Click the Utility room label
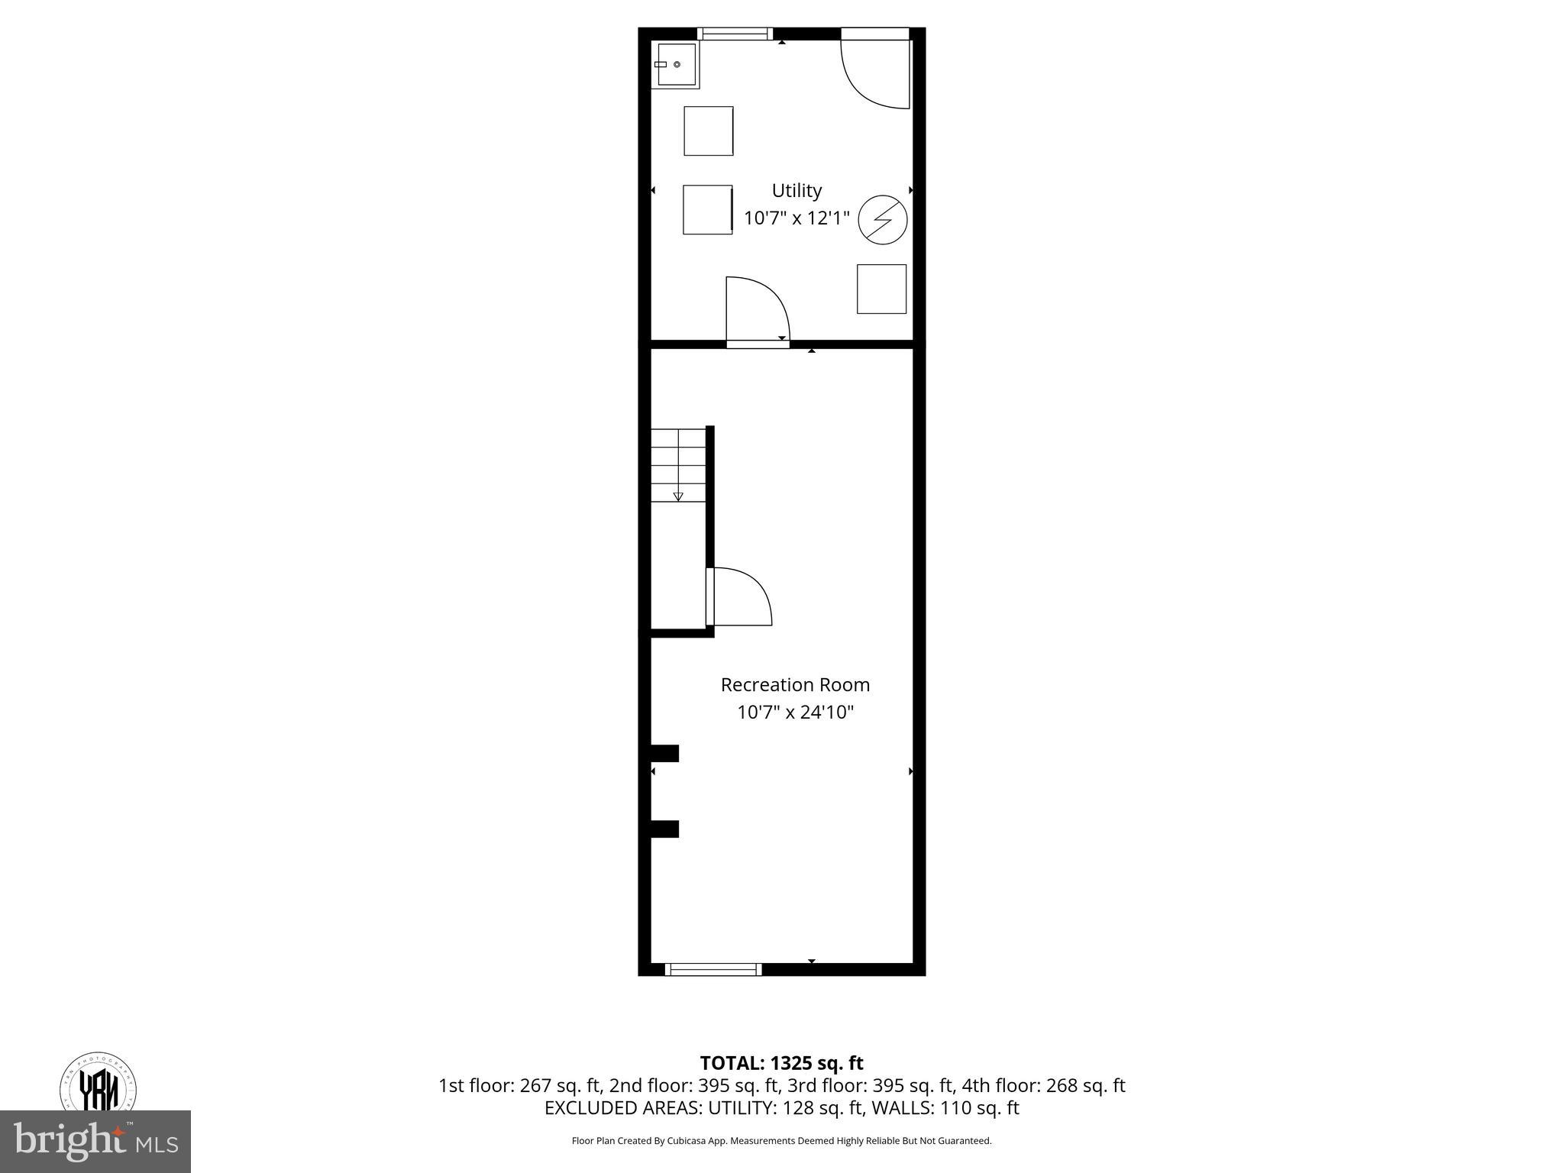(x=797, y=190)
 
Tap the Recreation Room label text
(x=795, y=685)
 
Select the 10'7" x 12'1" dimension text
(x=797, y=218)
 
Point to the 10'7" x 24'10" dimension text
(x=795, y=713)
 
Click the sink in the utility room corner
(x=675, y=65)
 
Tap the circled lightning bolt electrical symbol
(x=883, y=221)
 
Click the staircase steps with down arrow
(x=678, y=465)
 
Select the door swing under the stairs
(x=739, y=596)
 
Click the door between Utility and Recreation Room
(x=756, y=313)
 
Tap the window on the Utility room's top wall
(x=735, y=34)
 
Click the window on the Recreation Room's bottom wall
(x=713, y=969)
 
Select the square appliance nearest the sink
(x=708, y=131)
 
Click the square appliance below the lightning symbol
(x=881, y=289)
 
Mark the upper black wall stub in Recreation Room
(x=664, y=753)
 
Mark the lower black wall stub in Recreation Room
(x=664, y=829)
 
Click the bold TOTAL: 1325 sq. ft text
(x=781, y=1063)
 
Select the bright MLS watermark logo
(x=95, y=1141)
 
